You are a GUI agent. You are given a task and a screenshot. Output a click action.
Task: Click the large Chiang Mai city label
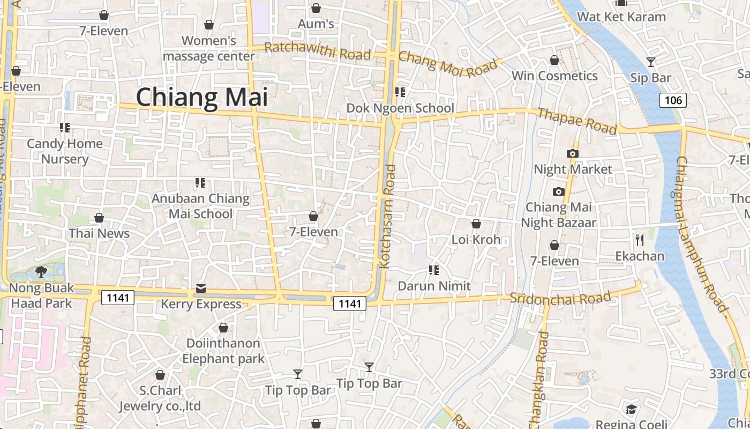pyautogui.click(x=201, y=98)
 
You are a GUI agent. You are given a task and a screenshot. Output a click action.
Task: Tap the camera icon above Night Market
pyautogui.click(x=573, y=154)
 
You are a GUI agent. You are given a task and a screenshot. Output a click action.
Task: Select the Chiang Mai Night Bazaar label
pyautogui.click(x=558, y=214)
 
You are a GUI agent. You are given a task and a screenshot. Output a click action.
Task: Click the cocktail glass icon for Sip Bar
pyautogui.click(x=650, y=62)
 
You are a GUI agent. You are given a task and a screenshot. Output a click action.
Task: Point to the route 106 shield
pyautogui.click(x=673, y=100)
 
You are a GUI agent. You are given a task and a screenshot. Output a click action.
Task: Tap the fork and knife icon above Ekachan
pyautogui.click(x=639, y=239)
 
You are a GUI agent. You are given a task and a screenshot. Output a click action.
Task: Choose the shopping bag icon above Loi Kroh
pyautogui.click(x=476, y=224)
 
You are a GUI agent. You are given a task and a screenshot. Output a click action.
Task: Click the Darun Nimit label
pyautogui.click(x=434, y=286)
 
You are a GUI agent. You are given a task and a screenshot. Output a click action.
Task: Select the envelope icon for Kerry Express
pyautogui.click(x=201, y=289)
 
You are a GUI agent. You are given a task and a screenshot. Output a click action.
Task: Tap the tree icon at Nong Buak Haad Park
pyautogui.click(x=41, y=272)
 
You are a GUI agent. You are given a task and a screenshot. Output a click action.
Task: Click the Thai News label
pyautogui.click(x=99, y=233)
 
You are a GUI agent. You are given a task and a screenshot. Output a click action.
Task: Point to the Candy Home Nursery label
pyautogui.click(x=65, y=151)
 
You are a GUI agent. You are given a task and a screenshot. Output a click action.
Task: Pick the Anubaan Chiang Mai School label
pyautogui.click(x=200, y=206)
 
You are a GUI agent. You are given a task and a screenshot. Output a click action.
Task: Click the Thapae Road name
pyautogui.click(x=576, y=121)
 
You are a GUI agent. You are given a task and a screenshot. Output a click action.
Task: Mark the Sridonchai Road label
pyautogui.click(x=560, y=298)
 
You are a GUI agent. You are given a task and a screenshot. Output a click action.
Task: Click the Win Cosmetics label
pyautogui.click(x=554, y=76)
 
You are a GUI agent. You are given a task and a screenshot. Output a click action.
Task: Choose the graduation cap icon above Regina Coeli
pyautogui.click(x=631, y=409)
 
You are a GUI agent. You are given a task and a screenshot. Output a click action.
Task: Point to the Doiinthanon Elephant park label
pyautogui.click(x=223, y=351)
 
